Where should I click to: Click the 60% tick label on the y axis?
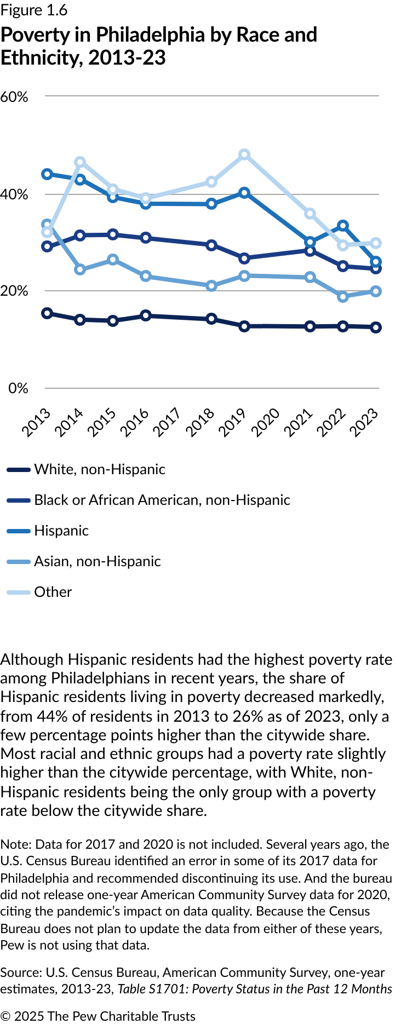click(14, 97)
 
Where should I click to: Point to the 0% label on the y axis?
click(18, 388)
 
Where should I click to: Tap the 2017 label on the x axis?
click(167, 422)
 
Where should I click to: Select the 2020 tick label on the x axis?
click(266, 422)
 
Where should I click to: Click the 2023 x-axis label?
click(364, 422)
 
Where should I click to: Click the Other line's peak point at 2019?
click(244, 155)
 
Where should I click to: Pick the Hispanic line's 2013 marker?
click(47, 174)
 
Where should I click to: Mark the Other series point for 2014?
click(80, 162)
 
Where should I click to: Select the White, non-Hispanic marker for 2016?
click(146, 315)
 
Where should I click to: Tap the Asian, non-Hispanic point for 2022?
click(343, 297)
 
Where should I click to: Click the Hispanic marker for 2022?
click(343, 226)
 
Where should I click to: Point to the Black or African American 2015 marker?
click(113, 234)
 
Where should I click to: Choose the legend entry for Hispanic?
click(61, 531)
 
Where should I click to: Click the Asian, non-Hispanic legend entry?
click(97, 561)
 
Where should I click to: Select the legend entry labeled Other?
click(53, 592)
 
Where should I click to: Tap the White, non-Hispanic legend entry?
click(99, 469)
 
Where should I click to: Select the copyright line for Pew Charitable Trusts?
click(98, 1016)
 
